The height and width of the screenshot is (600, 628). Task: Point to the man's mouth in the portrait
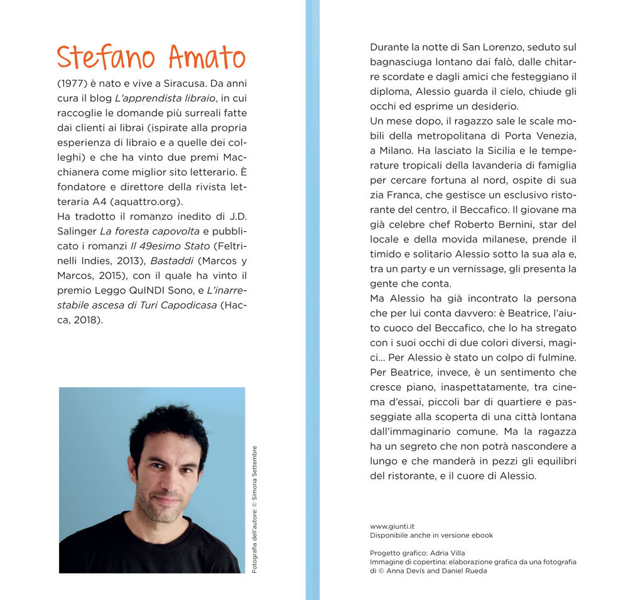click(166, 501)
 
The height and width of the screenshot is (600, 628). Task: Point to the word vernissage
click(496, 269)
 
